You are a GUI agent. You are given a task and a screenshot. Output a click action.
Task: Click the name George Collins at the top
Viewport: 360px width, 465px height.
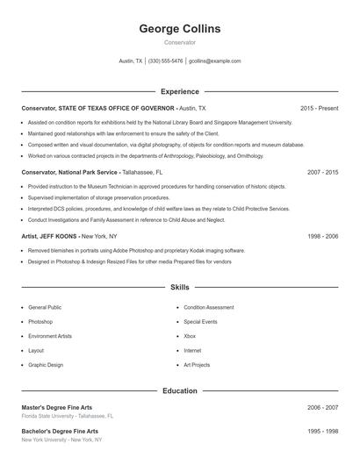180,29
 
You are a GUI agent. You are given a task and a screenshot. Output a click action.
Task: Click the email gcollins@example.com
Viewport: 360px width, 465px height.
214,61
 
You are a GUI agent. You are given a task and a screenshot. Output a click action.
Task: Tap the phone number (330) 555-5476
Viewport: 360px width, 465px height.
166,61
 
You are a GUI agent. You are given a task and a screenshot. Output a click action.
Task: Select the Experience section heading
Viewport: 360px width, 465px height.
180,91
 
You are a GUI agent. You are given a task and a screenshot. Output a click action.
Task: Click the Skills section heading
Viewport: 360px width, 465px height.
180,287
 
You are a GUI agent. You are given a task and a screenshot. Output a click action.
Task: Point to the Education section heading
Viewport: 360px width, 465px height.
180,390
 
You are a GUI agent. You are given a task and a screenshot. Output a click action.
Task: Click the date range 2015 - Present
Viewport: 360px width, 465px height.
319,108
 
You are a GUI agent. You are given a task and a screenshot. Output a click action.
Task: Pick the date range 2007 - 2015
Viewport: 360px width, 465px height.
322,173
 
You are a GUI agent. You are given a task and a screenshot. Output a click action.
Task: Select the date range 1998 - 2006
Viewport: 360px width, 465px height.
322,237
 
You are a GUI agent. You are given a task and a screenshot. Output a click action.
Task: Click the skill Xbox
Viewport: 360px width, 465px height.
190,336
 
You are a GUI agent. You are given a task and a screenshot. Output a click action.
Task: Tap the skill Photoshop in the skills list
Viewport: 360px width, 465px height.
40,322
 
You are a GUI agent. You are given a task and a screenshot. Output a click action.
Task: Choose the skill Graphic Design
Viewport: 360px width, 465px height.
46,364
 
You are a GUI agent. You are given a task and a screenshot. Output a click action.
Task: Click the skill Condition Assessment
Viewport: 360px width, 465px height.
209,308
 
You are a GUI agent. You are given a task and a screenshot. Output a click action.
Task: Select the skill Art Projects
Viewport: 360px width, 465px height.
197,364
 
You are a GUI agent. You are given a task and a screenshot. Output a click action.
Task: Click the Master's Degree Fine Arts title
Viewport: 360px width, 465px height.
56,407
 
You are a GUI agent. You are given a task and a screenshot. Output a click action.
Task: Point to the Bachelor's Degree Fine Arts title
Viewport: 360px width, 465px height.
59,432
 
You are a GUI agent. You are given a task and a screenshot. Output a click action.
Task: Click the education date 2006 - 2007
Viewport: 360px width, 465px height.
322,407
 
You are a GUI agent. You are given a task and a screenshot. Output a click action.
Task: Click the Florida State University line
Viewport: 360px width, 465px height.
67,416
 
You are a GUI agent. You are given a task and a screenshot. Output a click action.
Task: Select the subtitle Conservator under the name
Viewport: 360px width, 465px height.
180,42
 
